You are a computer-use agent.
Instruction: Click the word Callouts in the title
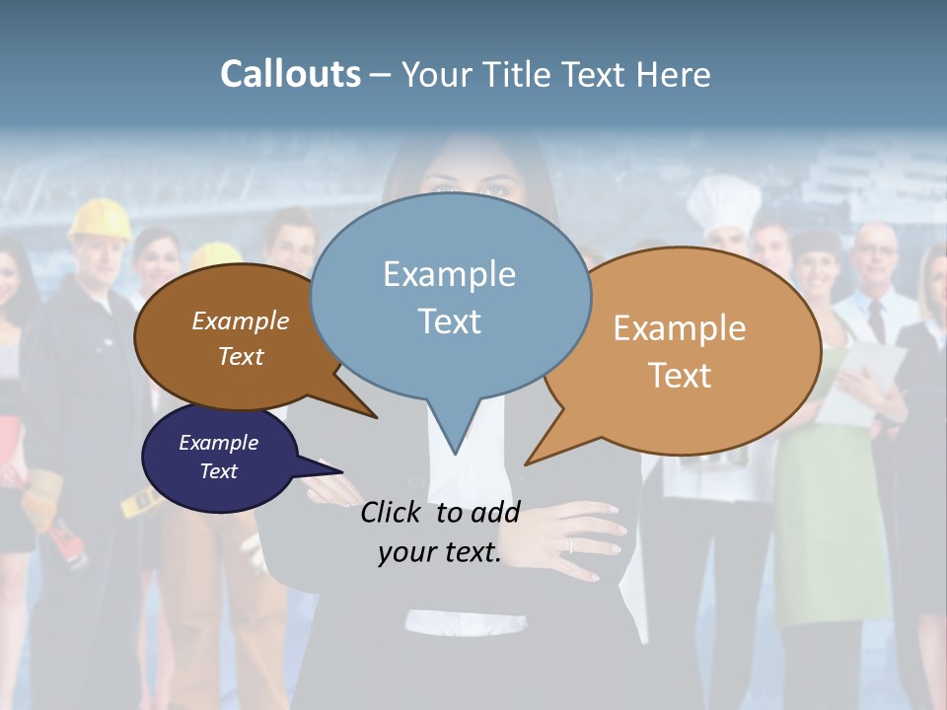290,74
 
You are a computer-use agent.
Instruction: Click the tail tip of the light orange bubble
529,461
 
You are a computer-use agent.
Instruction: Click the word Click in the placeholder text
394,512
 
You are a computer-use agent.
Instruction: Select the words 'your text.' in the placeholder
440,552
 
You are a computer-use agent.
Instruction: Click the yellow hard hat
100,219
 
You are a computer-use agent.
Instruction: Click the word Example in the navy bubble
218,443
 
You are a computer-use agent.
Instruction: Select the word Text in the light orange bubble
680,376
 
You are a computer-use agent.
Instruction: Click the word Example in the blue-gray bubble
449,274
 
